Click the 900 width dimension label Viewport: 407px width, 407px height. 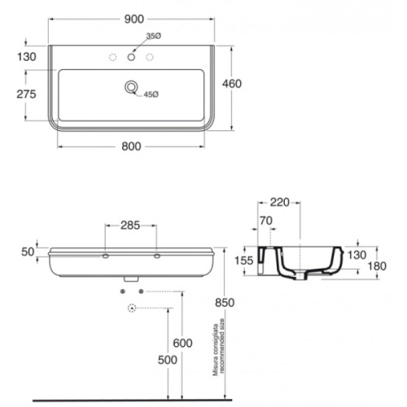pyautogui.click(x=134, y=20)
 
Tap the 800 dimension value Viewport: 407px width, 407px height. pyautogui.click(x=131, y=147)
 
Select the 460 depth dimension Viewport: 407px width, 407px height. pyautogui.click(x=232, y=84)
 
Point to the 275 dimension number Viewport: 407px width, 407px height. pyautogui.click(x=26, y=94)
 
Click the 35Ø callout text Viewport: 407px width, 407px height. pyautogui.click(x=154, y=36)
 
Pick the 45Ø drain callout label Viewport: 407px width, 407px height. pyautogui.click(x=151, y=94)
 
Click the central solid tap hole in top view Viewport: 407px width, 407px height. pyautogui.click(x=131, y=57)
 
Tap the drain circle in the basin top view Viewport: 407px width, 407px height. pyautogui.click(x=131, y=87)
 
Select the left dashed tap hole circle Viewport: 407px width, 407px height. pyautogui.click(x=112, y=57)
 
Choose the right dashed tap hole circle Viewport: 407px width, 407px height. pyautogui.click(x=150, y=57)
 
